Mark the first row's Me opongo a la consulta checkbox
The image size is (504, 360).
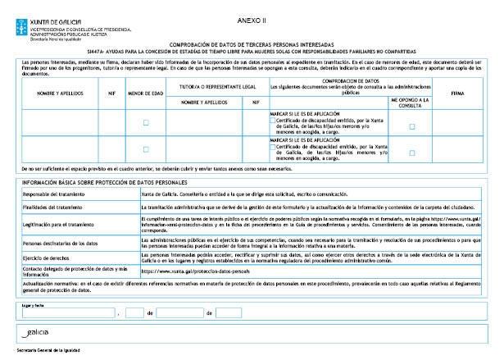point(412,126)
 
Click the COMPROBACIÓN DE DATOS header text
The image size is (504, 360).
point(350,80)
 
